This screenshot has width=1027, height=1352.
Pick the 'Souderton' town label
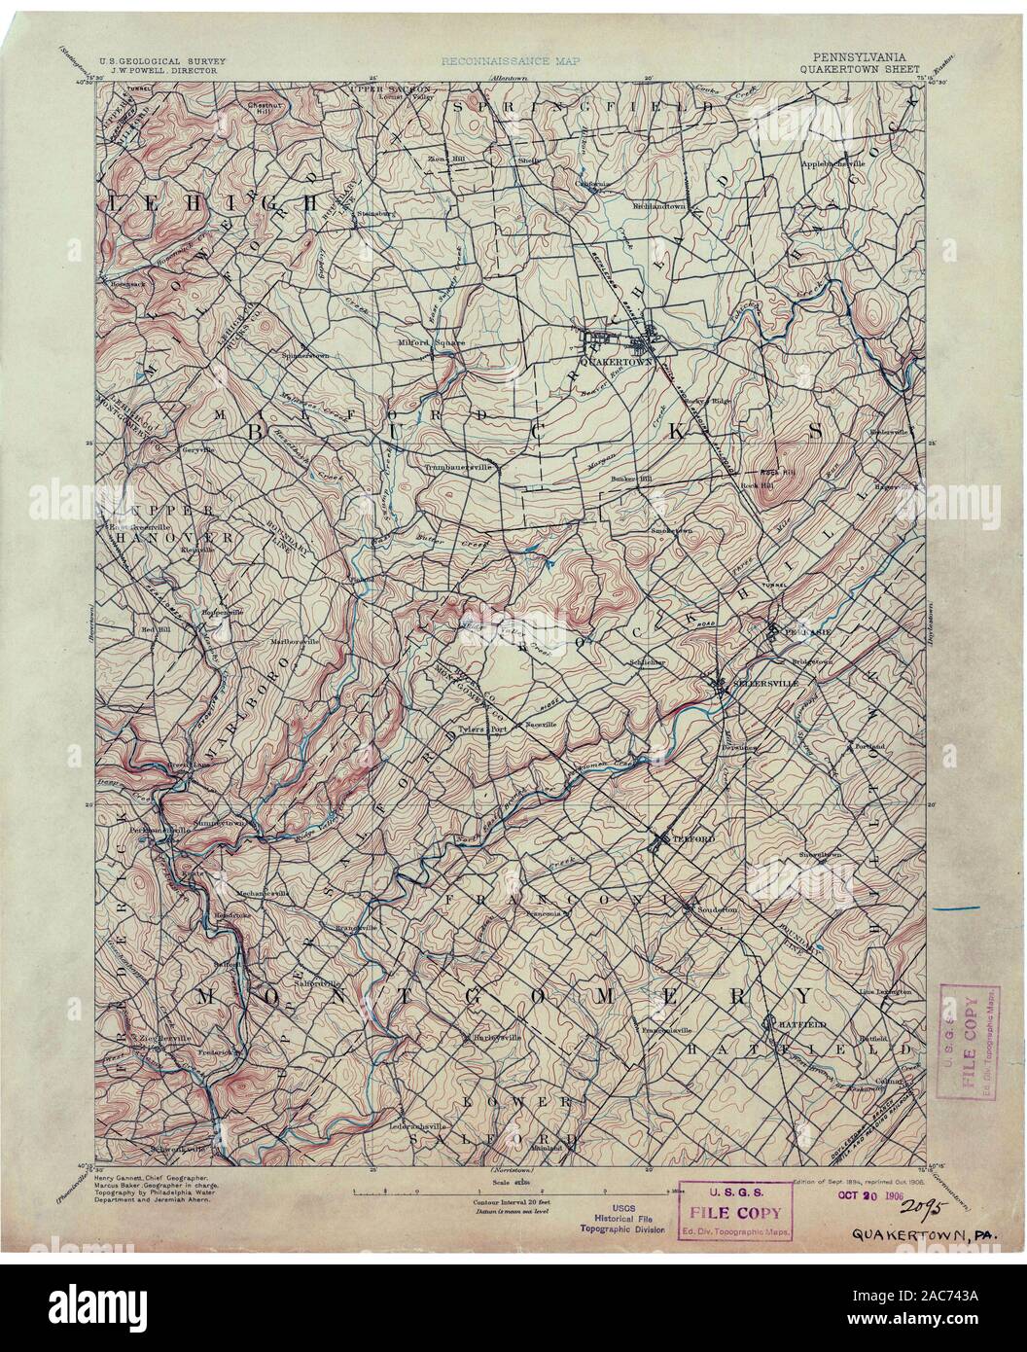[718, 908]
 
